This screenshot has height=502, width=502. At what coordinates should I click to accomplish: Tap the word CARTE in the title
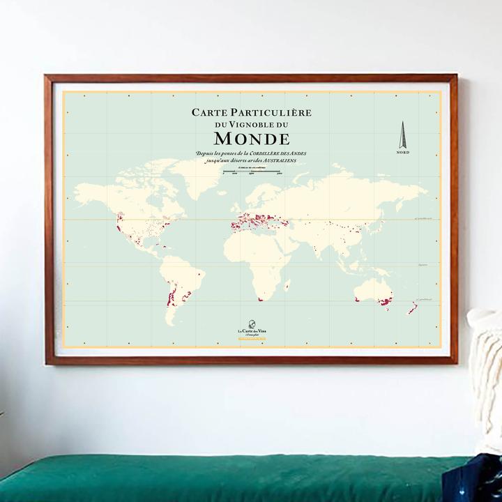(x=213, y=112)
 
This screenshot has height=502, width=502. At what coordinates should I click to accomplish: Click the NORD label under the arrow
(x=402, y=152)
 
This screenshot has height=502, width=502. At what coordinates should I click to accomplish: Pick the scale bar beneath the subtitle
(x=251, y=171)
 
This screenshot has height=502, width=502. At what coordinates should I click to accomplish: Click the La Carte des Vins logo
(x=252, y=330)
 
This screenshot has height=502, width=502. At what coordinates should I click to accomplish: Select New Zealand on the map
(x=413, y=307)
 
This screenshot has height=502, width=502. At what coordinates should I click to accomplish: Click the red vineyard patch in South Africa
(x=259, y=299)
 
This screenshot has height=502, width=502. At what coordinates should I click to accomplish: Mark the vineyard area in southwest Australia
(x=356, y=298)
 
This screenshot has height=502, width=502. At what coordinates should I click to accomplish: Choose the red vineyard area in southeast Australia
(x=384, y=302)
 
